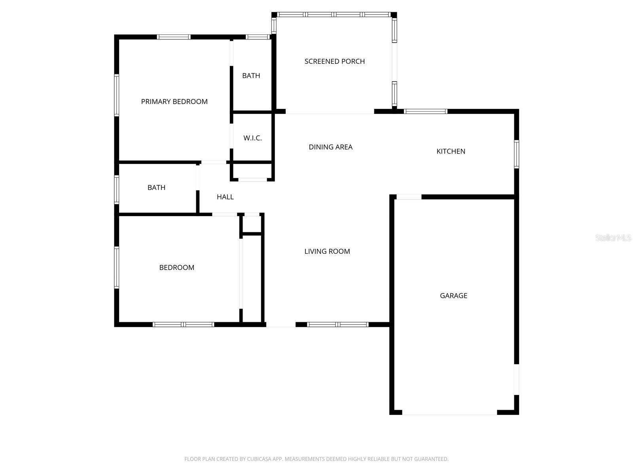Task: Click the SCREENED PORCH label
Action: (334, 61)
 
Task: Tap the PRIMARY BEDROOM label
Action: (174, 102)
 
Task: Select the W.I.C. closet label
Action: (252, 138)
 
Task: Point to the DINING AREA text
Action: (330, 147)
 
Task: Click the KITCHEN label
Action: (451, 151)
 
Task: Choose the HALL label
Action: (225, 197)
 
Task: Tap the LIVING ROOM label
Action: (327, 251)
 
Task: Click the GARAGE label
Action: (453, 296)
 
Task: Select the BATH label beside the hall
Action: (156, 188)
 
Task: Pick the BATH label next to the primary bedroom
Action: (251, 76)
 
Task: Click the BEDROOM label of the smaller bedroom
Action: (176, 268)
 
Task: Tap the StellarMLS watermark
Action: (613, 238)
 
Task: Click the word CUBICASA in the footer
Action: (258, 459)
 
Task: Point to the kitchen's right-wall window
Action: (516, 154)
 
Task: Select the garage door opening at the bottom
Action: (449, 413)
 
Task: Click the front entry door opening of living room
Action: (280, 325)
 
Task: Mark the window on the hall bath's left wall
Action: (117, 190)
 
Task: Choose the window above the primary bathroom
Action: (258, 37)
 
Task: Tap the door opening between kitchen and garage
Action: (409, 197)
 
